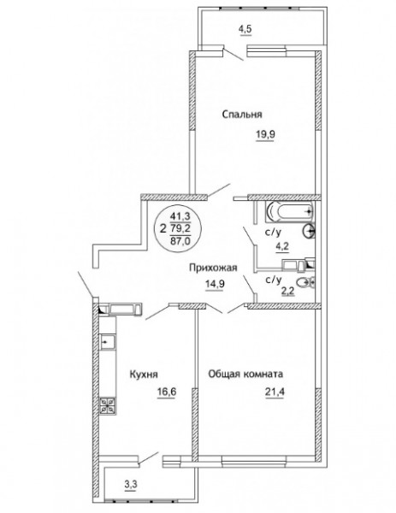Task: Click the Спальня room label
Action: click(x=242, y=115)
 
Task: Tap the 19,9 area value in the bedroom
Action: click(x=265, y=134)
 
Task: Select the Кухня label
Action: click(x=144, y=374)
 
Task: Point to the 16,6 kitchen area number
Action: click(x=167, y=392)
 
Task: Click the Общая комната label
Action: click(x=245, y=374)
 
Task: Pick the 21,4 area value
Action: click(x=275, y=392)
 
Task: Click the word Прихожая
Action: click(x=213, y=268)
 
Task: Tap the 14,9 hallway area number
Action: click(x=215, y=284)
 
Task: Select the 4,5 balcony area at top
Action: click(x=246, y=29)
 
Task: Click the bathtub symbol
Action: click(x=289, y=212)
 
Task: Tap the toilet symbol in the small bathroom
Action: click(x=305, y=282)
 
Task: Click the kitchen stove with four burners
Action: click(x=108, y=405)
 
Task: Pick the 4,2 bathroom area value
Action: click(x=281, y=246)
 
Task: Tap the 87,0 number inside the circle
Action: click(x=180, y=241)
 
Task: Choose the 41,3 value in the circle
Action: click(x=180, y=216)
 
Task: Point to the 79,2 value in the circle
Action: click(x=180, y=228)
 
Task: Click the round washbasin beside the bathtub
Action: click(x=310, y=232)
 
